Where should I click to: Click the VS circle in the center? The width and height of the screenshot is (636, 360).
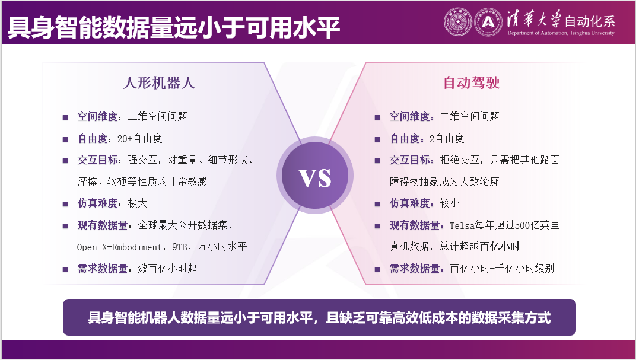tap(314, 178)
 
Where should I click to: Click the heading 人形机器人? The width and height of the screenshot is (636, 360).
tap(159, 83)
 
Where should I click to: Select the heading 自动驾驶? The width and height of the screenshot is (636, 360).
tap(472, 83)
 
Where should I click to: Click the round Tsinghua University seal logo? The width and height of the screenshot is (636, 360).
tap(457, 21)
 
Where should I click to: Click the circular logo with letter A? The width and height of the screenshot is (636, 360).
tap(488, 21)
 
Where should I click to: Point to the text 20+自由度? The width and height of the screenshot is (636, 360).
tap(140, 139)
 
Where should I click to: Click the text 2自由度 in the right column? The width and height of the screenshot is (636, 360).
tap(447, 139)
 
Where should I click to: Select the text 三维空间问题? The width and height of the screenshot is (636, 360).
tap(158, 117)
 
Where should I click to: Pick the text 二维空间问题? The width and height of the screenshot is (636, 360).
tap(470, 117)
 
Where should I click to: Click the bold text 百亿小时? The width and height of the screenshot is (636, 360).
tap(500, 247)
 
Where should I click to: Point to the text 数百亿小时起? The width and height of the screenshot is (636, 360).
tap(167, 269)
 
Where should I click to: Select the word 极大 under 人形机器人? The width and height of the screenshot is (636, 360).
tap(138, 203)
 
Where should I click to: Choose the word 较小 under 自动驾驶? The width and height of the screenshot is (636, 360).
tap(450, 203)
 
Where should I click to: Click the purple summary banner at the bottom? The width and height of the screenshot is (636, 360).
tap(319, 317)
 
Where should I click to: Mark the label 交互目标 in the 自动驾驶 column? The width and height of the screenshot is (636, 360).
tap(410, 160)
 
